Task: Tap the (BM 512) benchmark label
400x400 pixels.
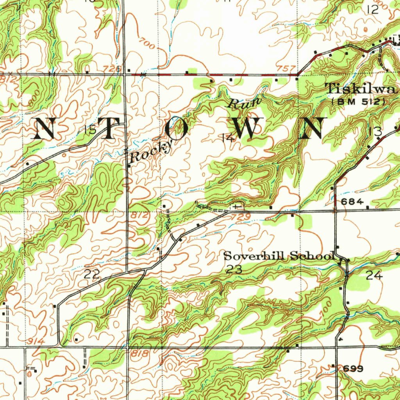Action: [359, 101]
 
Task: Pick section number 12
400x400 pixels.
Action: [373, 10]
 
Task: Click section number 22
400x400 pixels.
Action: [92, 275]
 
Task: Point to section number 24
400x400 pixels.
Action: [374, 275]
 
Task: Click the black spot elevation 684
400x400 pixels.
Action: [352, 202]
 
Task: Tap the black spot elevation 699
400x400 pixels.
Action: [354, 369]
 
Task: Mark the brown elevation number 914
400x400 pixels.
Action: [36, 342]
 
